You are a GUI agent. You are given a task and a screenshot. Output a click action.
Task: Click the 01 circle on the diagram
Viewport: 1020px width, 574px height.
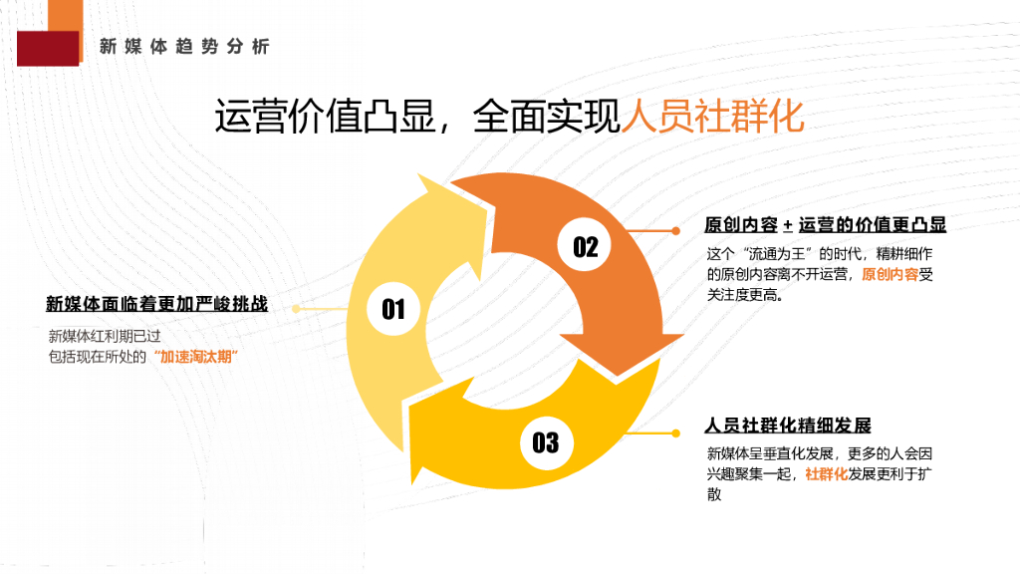coord(394,309)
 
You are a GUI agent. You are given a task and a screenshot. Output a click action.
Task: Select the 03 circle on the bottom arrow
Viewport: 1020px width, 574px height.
coord(545,441)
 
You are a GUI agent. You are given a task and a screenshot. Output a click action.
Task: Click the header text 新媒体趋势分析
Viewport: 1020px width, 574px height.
coord(184,47)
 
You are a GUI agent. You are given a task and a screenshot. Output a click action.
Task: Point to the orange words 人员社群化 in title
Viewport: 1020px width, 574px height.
coord(712,117)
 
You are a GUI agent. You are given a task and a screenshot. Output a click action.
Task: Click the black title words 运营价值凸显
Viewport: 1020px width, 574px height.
coord(326,117)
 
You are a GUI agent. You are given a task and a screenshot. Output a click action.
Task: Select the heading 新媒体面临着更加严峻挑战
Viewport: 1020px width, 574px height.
coord(156,304)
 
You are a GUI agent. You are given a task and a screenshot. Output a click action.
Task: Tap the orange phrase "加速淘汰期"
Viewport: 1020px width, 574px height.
coord(201,356)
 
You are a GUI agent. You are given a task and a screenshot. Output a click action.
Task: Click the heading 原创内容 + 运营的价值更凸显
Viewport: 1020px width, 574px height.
coord(825,225)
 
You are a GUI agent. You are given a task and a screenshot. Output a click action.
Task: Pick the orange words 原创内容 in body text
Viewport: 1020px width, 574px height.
coord(890,274)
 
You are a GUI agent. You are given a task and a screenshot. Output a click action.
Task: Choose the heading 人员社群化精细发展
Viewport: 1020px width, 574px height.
coord(787,426)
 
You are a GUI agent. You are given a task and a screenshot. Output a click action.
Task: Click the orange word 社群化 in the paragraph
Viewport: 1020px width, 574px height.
coord(826,474)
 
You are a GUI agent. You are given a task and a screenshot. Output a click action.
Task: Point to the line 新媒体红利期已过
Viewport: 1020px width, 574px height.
coord(112,336)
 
